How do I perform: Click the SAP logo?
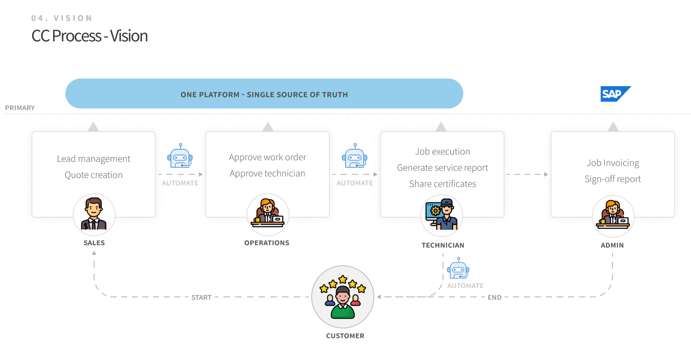click(615, 94)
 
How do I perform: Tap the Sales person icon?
click(94, 215)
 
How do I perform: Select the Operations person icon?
click(268, 215)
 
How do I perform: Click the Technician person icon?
click(442, 215)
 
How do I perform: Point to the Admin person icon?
click(613, 216)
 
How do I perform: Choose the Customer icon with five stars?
click(343, 297)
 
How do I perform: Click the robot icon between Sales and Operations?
click(180, 156)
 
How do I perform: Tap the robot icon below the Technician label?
click(458, 269)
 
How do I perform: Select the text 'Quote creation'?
click(94, 175)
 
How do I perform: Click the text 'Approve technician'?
click(267, 173)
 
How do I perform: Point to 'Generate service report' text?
click(442, 168)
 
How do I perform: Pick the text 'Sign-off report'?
click(613, 179)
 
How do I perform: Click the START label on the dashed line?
click(201, 297)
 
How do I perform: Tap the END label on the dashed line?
click(494, 297)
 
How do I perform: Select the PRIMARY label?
click(20, 108)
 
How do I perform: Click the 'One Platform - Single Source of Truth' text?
click(264, 94)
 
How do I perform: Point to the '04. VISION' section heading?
click(62, 18)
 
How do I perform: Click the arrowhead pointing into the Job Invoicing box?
click(546, 174)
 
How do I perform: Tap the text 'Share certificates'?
click(442, 184)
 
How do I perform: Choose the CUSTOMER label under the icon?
click(345, 336)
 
